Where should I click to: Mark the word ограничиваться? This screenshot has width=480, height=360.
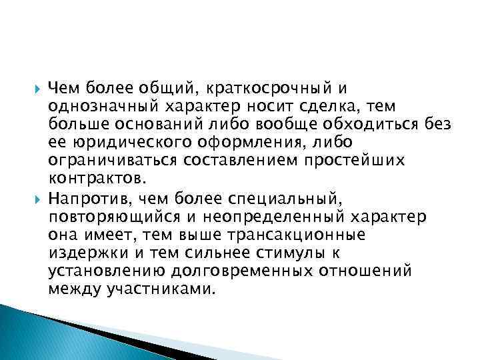pyautogui.click(x=115, y=161)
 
